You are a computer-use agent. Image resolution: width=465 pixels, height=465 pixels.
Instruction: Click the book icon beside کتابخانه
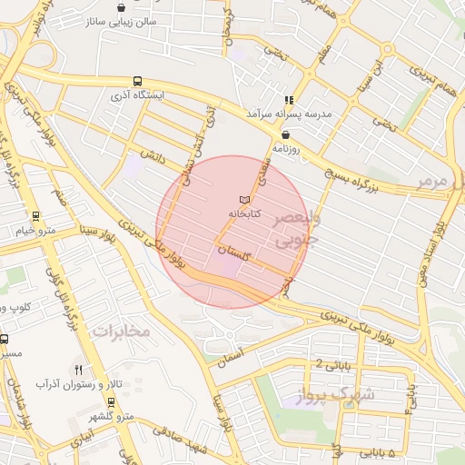(242, 199)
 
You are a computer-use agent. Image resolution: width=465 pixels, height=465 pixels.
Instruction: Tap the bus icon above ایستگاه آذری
(136, 80)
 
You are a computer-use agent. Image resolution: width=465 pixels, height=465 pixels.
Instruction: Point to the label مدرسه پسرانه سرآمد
(287, 114)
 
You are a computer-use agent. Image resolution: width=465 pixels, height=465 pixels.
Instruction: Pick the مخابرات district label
(120, 331)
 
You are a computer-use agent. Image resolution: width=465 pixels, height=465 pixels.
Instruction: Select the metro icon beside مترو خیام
(35, 216)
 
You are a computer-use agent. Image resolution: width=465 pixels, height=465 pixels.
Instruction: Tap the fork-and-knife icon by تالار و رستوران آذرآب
(79, 370)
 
